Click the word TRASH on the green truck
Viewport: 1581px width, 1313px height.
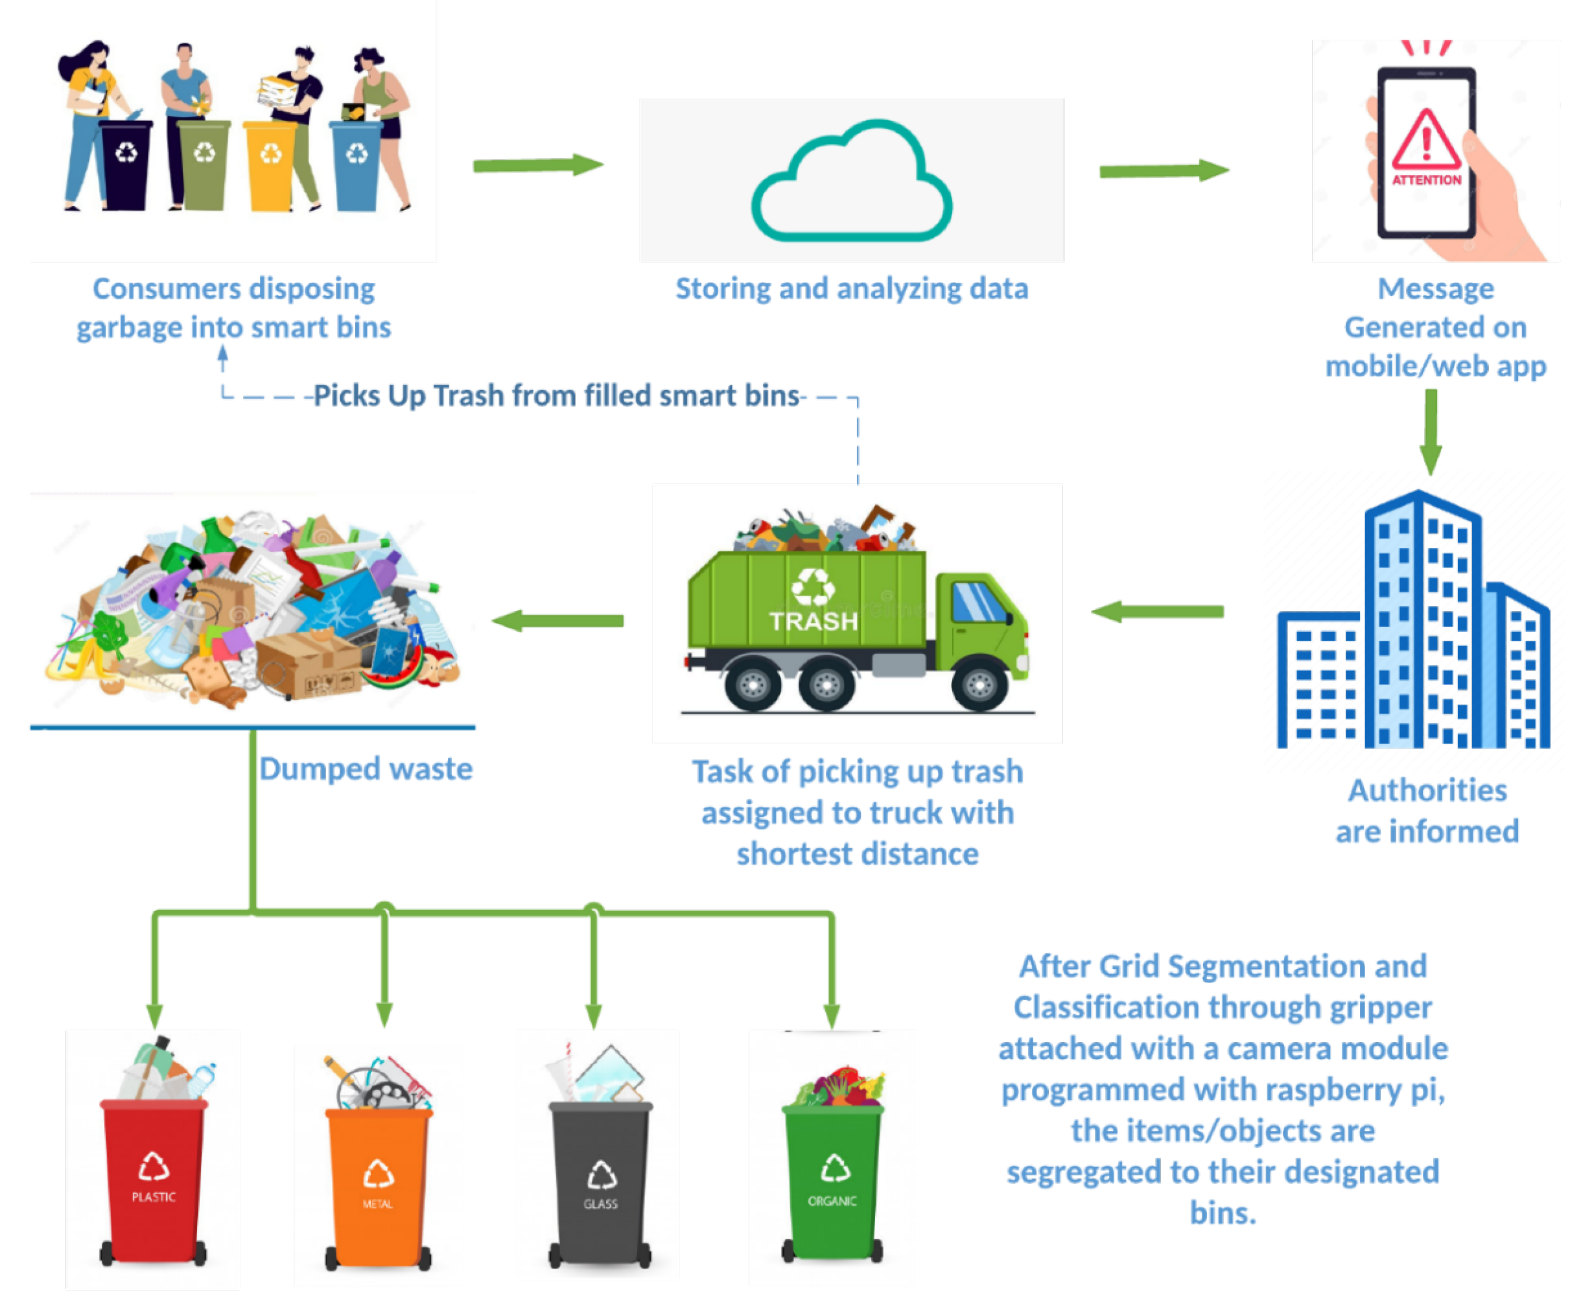pyautogui.click(x=813, y=621)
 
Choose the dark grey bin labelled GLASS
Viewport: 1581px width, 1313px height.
pyautogui.click(x=600, y=1182)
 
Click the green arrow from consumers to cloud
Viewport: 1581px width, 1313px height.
pyautogui.click(x=537, y=165)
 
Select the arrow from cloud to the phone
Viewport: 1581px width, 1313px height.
pyautogui.click(x=1163, y=171)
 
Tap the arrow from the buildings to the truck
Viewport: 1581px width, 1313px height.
pyautogui.click(x=1157, y=611)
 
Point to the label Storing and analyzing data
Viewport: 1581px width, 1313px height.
pyautogui.click(x=852, y=289)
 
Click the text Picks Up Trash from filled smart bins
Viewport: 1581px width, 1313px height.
pyautogui.click(x=556, y=396)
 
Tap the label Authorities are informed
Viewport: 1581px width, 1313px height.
pyautogui.click(x=1427, y=811)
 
